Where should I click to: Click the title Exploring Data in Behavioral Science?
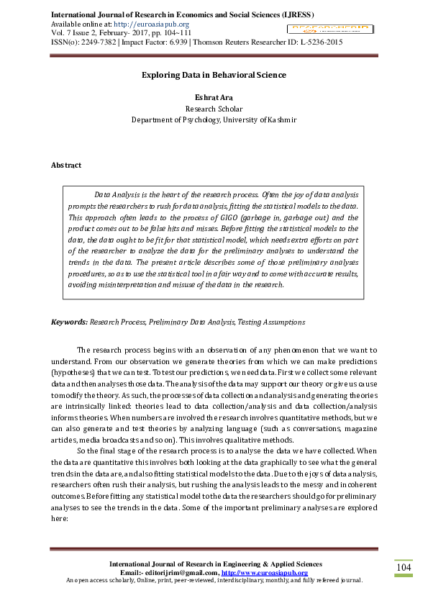point(214,75)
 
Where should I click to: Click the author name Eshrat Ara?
point(214,97)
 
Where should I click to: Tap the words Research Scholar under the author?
point(214,109)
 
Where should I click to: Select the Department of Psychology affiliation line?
point(214,120)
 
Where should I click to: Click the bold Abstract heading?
point(66,165)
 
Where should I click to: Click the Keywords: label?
point(69,322)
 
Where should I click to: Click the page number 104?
point(404,569)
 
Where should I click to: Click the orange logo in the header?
point(328,29)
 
